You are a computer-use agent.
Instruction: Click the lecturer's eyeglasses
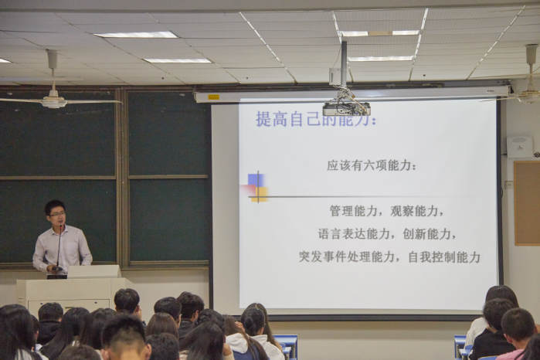tap(57, 214)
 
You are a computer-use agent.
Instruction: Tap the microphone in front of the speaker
tap(59, 246)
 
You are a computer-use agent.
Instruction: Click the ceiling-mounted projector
tap(346, 108)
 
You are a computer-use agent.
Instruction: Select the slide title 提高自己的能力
tap(315, 119)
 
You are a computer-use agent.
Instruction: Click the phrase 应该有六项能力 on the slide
tap(371, 165)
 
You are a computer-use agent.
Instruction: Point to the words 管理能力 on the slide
tap(353, 210)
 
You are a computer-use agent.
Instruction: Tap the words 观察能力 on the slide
tap(413, 210)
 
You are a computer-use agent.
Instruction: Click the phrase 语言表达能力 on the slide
tap(354, 234)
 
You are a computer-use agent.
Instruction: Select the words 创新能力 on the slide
tap(426, 234)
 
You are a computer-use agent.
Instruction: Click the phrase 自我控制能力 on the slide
tap(444, 257)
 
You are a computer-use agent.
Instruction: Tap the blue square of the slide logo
tap(256, 180)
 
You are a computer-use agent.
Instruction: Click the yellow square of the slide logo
tap(260, 195)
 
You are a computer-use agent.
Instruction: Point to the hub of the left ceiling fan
tap(53, 102)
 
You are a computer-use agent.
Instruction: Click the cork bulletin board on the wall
tap(526, 203)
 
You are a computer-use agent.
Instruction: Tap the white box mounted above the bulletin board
tap(520, 147)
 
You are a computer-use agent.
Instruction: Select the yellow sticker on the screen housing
tap(213, 97)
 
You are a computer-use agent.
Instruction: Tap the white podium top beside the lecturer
tap(93, 271)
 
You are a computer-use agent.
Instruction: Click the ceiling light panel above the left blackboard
tap(136, 35)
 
